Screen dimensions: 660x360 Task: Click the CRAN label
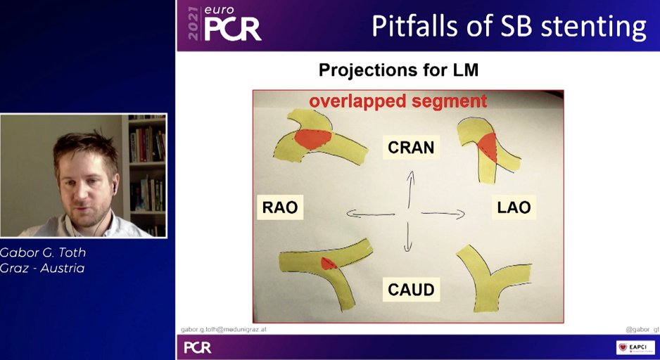[x=412, y=148]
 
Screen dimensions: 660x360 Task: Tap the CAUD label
[x=411, y=289]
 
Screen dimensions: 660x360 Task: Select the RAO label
[x=279, y=207]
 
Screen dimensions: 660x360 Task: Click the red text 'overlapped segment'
[x=398, y=101]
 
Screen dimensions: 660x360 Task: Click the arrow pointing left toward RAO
[x=369, y=214]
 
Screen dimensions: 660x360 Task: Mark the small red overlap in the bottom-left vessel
[x=327, y=264]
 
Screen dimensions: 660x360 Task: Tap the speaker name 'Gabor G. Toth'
[x=43, y=252]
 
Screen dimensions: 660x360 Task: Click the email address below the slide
[x=224, y=329]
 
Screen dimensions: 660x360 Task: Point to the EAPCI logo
[x=635, y=347]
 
